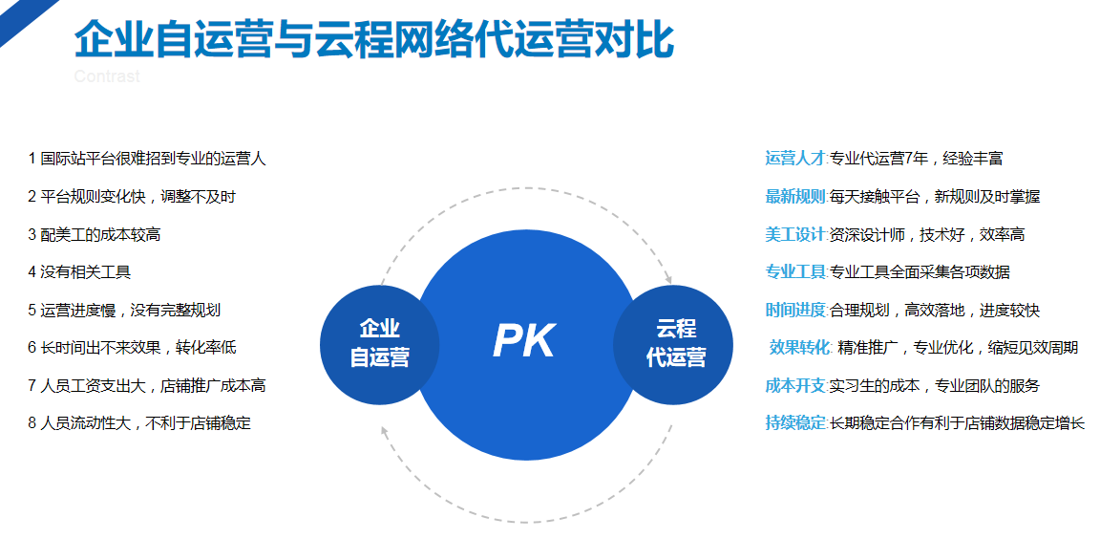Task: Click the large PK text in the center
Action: click(x=524, y=341)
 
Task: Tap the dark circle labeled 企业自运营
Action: click(x=379, y=344)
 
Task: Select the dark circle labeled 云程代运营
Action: click(x=674, y=344)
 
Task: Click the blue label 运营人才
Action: click(x=794, y=159)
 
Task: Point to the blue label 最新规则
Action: click(x=794, y=197)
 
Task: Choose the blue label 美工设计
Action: click(x=794, y=234)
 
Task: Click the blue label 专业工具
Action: click(x=794, y=272)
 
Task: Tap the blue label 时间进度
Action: click(x=794, y=310)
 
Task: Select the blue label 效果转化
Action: click(x=800, y=348)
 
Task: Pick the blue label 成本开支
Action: click(x=794, y=385)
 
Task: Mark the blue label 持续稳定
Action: click(x=794, y=423)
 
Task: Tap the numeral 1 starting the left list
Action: click(x=32, y=159)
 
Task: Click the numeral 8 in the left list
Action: click(x=32, y=423)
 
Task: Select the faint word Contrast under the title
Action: click(x=107, y=76)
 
